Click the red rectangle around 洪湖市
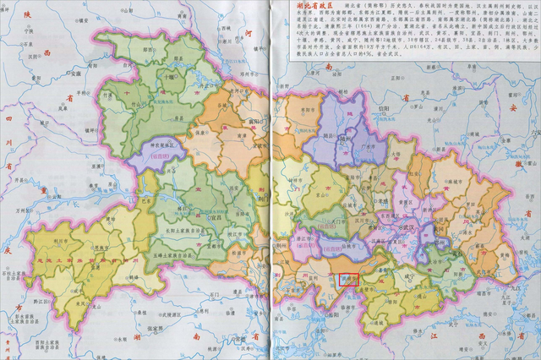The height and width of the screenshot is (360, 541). pyautogui.click(x=348, y=279)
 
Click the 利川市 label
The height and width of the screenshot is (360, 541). pyautogui.click(x=60, y=241)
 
